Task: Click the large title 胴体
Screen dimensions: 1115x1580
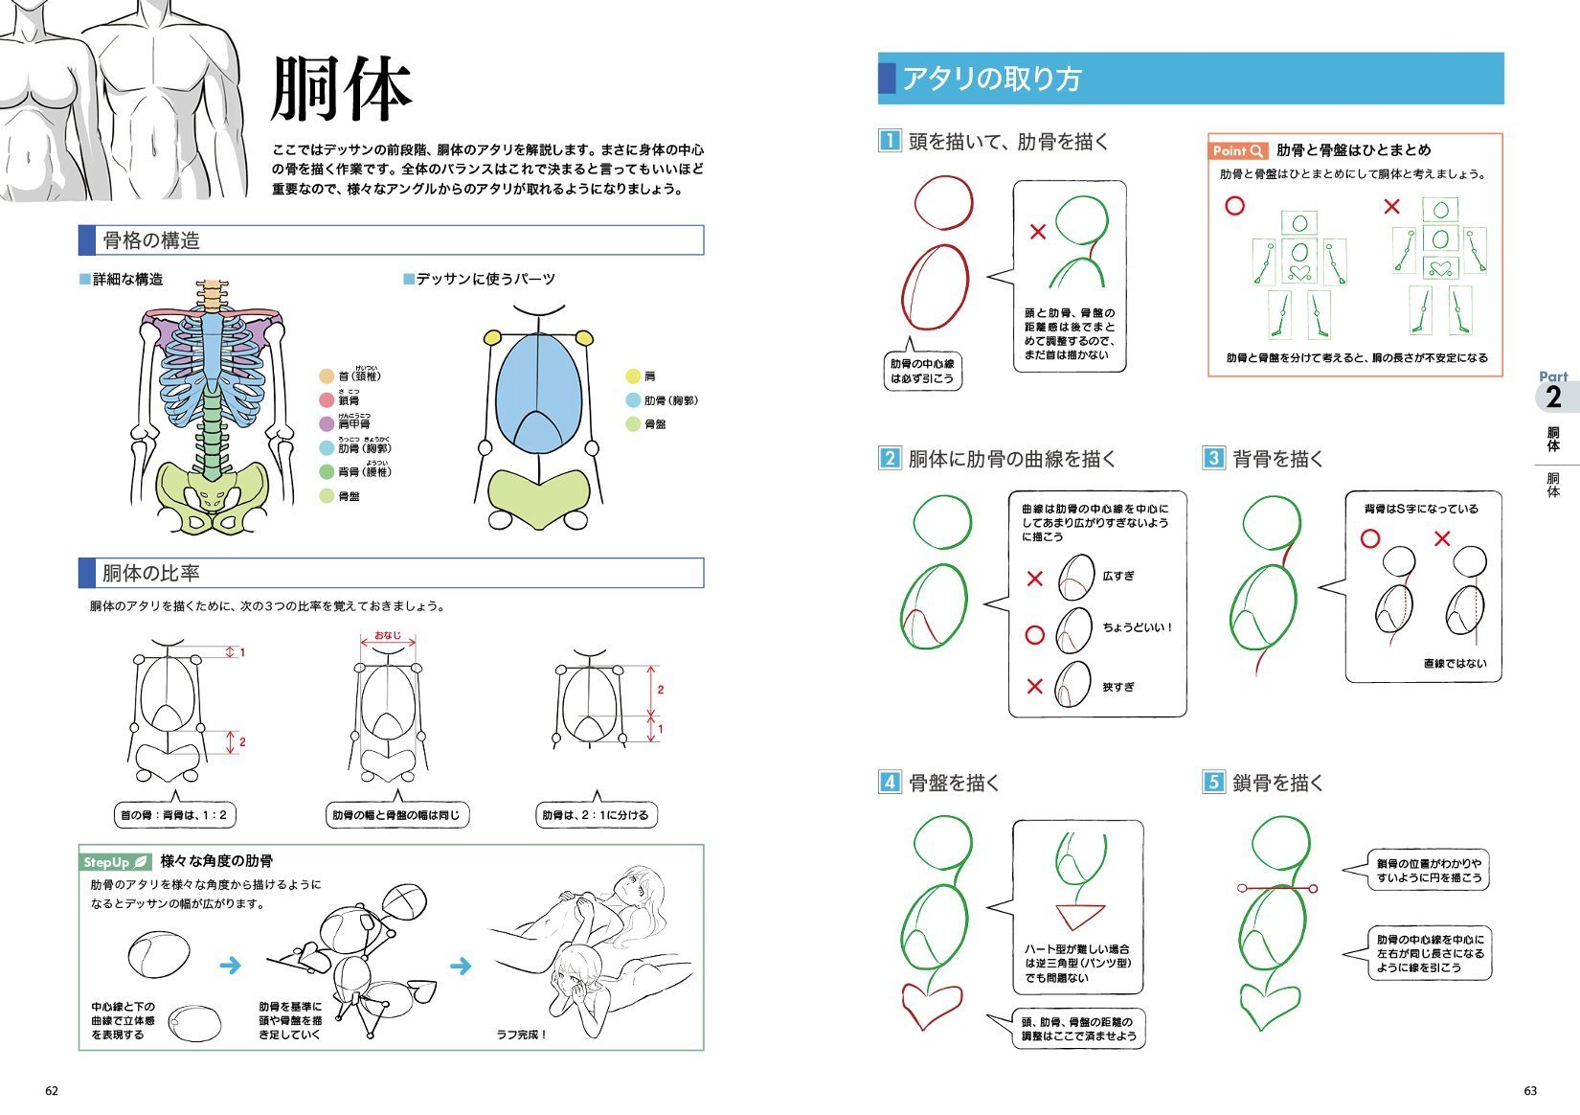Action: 341,89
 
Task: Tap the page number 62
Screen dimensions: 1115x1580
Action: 52,1091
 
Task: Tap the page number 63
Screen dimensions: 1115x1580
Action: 1530,1091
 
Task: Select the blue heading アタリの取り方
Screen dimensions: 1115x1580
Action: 991,79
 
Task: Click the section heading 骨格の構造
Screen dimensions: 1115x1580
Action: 151,240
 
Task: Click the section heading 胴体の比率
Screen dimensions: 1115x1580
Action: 151,573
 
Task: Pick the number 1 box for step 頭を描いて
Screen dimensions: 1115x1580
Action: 890,141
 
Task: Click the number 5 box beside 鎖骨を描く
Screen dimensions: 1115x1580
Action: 1213,782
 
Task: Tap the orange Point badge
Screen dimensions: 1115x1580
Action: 1238,150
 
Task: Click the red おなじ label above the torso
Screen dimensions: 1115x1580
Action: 388,635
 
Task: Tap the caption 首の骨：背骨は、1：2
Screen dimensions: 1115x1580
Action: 173,815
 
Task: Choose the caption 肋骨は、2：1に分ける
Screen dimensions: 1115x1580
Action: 596,815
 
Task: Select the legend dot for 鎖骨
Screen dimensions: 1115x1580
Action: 327,400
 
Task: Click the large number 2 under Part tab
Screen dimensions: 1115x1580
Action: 1553,397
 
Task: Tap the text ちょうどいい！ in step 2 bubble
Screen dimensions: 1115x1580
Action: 1137,627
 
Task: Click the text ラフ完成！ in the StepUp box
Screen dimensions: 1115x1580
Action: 522,1034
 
